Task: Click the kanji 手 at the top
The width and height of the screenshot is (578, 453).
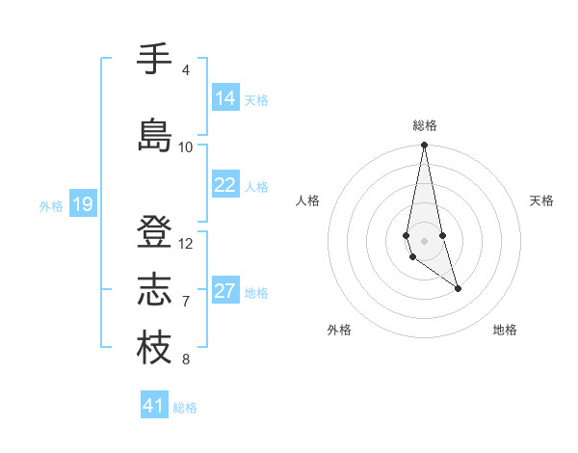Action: [154, 60]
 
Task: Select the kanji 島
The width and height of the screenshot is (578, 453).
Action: [154, 135]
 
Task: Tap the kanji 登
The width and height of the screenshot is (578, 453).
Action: [154, 232]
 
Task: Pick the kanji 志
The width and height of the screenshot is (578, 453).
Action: [154, 290]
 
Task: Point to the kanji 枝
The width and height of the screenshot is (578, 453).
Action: [154, 348]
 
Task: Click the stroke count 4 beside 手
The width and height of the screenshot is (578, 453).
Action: [185, 70]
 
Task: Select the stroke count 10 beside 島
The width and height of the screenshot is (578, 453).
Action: [186, 147]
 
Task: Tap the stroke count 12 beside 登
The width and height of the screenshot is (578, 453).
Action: [186, 244]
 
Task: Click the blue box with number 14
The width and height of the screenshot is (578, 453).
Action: [225, 98]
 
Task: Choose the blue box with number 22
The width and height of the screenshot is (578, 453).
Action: [225, 185]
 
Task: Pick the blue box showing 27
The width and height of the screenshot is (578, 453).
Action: [225, 291]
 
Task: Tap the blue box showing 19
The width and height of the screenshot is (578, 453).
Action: [82, 203]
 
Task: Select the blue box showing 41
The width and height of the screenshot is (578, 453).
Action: [153, 406]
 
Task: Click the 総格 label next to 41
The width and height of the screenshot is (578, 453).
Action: [185, 408]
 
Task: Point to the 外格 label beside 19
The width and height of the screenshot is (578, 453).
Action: [51, 205]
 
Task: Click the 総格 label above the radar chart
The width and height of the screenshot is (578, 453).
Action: [424, 125]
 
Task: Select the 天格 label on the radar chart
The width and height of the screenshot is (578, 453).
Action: [541, 200]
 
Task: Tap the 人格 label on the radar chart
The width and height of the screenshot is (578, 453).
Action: [307, 200]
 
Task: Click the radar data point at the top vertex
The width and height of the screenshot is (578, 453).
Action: [424, 146]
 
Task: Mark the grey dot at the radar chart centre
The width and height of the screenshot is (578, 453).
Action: [424, 239]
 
